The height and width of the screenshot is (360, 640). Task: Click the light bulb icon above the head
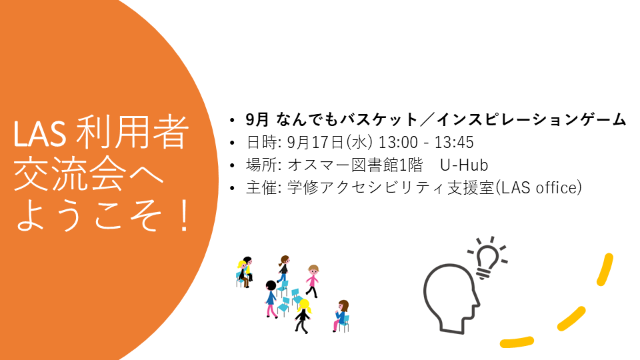[487, 258]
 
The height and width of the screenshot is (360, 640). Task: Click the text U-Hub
[464, 165]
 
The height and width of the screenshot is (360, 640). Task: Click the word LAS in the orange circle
[39, 134]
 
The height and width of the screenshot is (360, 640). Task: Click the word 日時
[261, 143]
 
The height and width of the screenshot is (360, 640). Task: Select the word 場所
[261, 165]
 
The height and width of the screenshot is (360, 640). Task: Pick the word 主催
[261, 188]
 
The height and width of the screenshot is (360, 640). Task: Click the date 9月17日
[315, 143]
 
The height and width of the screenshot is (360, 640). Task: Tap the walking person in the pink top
[312, 281]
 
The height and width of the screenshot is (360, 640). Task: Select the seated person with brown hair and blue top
[341, 315]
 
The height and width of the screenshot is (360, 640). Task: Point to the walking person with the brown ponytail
[283, 269]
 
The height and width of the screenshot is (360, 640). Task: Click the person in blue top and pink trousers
[271, 299]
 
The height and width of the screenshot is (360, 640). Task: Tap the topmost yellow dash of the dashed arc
[605, 269]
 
